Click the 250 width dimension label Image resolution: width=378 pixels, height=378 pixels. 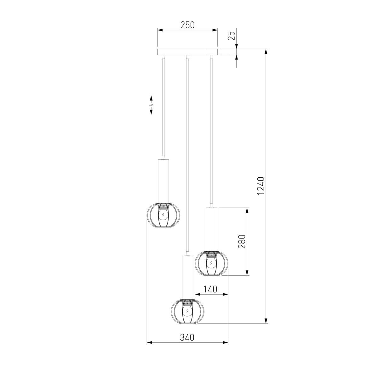coord(187,25)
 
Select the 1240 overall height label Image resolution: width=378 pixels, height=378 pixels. coord(261,186)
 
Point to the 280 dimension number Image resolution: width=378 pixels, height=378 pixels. coord(242,241)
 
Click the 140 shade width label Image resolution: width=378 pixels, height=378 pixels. coord(210,289)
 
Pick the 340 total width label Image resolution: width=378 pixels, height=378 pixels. coord(187,337)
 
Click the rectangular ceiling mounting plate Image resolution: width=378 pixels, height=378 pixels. coord(187,52)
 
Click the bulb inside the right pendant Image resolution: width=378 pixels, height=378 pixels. coord(211,263)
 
